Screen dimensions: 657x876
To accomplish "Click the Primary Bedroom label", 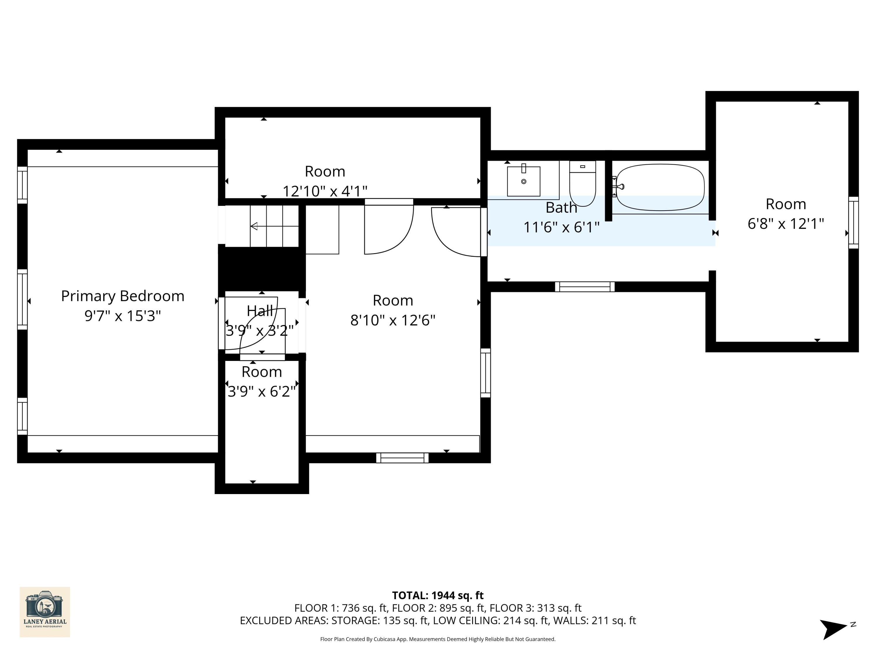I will pyautogui.click(x=122, y=296).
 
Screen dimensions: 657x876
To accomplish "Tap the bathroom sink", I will pyautogui.click(x=524, y=181).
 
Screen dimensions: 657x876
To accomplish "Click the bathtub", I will pyautogui.click(x=660, y=187).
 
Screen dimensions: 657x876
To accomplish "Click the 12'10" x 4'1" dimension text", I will pyautogui.click(x=325, y=191).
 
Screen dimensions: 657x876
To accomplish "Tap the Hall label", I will pyautogui.click(x=260, y=311).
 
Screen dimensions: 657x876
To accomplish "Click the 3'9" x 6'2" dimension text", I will pyautogui.click(x=262, y=392).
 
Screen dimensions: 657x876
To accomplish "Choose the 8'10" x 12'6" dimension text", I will pyautogui.click(x=392, y=320).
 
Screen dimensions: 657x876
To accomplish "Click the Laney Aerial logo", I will pyautogui.click(x=45, y=612).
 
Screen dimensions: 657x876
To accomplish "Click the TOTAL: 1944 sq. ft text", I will pyautogui.click(x=438, y=595).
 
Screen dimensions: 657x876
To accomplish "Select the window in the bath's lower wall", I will pyautogui.click(x=585, y=287).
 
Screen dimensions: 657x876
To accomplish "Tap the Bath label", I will pyautogui.click(x=561, y=208).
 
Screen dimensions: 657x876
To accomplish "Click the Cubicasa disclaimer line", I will pyautogui.click(x=438, y=639).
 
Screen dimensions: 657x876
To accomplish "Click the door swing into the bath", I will pyautogui.click(x=456, y=234).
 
